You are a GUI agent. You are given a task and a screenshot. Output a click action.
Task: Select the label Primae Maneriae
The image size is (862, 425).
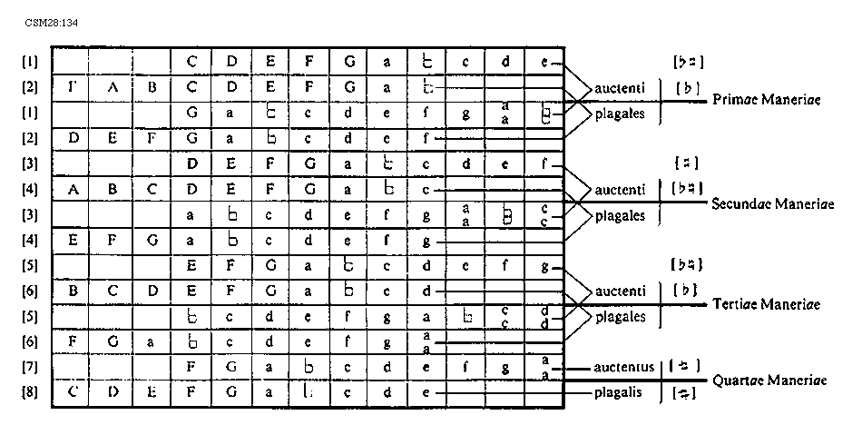(768, 100)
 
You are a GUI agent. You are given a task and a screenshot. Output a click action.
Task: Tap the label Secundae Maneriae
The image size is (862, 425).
(773, 203)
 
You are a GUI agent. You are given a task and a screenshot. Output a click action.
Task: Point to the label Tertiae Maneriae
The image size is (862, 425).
(767, 303)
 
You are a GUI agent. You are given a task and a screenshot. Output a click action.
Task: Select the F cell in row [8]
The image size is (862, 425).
(191, 395)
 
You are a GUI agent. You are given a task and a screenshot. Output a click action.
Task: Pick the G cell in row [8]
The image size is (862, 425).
(230, 395)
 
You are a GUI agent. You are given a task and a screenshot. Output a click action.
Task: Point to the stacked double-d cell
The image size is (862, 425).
(544, 317)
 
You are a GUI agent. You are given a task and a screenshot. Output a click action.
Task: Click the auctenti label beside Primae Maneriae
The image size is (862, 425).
(618, 88)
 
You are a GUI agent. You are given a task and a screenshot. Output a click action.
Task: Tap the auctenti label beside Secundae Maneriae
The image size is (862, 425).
(618, 190)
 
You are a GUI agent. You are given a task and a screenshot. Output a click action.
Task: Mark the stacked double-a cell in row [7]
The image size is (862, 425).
(544, 368)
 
